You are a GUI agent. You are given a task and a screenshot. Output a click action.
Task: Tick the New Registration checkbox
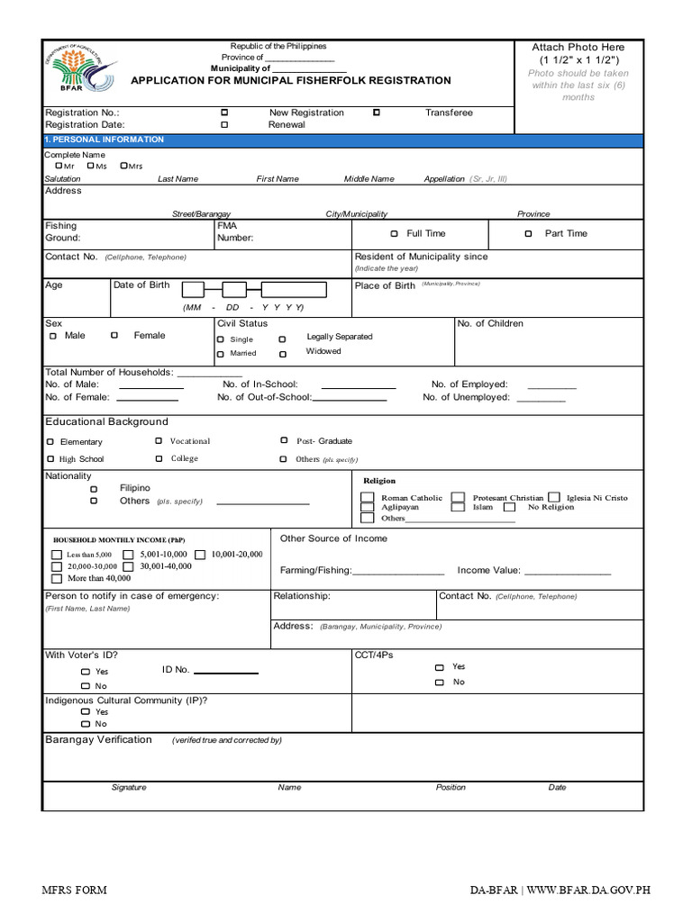pyautogui.click(x=225, y=113)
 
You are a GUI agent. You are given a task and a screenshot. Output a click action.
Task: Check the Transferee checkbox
pyautogui.click(x=377, y=113)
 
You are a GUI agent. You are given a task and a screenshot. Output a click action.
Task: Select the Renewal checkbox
pyautogui.click(x=225, y=125)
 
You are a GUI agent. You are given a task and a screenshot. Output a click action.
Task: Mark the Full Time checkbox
pyautogui.click(x=394, y=233)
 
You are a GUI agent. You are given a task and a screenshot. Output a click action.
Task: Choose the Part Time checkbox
pyautogui.click(x=528, y=233)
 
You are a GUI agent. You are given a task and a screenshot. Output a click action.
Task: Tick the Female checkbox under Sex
pyautogui.click(x=114, y=335)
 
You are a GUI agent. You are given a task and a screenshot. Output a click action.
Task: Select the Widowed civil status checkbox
pyautogui.click(x=282, y=354)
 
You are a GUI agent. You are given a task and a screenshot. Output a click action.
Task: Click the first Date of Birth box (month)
pyautogui.click(x=193, y=289)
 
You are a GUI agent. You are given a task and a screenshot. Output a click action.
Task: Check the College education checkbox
pyautogui.click(x=159, y=458)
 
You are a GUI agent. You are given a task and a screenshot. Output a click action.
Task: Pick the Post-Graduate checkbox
pyautogui.click(x=284, y=441)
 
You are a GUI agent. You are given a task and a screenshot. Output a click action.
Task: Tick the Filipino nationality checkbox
pyautogui.click(x=94, y=488)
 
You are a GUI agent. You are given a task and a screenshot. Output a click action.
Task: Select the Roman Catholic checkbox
pyautogui.click(x=367, y=497)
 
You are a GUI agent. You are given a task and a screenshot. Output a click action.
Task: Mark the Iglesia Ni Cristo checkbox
pyautogui.click(x=554, y=497)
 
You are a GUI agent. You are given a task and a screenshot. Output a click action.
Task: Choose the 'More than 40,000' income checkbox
pyautogui.click(x=58, y=578)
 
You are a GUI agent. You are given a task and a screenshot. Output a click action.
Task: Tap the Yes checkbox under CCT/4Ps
pyautogui.click(x=439, y=667)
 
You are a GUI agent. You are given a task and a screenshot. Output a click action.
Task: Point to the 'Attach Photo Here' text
pyautogui.click(x=578, y=47)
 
